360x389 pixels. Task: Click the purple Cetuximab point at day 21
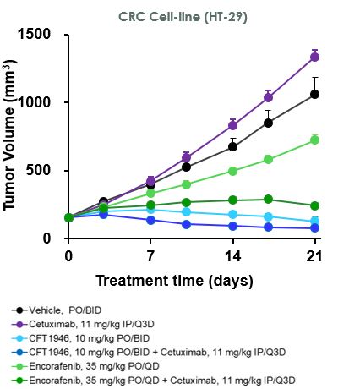pos(314,57)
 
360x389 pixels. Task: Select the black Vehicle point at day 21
pos(314,94)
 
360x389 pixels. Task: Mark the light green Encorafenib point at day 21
pos(314,140)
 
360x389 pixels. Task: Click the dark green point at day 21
pos(314,205)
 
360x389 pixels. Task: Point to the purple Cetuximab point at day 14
pos(232,125)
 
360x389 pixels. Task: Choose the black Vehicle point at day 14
pos(232,146)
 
